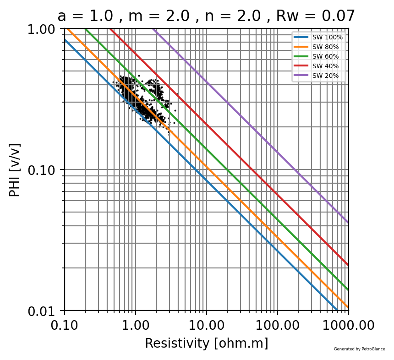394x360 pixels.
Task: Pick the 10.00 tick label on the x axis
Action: pyautogui.click(x=206, y=325)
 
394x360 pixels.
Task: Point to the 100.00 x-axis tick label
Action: pyautogui.click(x=277, y=325)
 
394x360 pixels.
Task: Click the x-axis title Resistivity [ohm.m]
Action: pyautogui.click(x=206, y=343)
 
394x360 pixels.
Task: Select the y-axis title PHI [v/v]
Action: pyautogui.click(x=15, y=170)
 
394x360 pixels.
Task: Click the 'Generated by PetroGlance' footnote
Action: pyautogui.click(x=359, y=349)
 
